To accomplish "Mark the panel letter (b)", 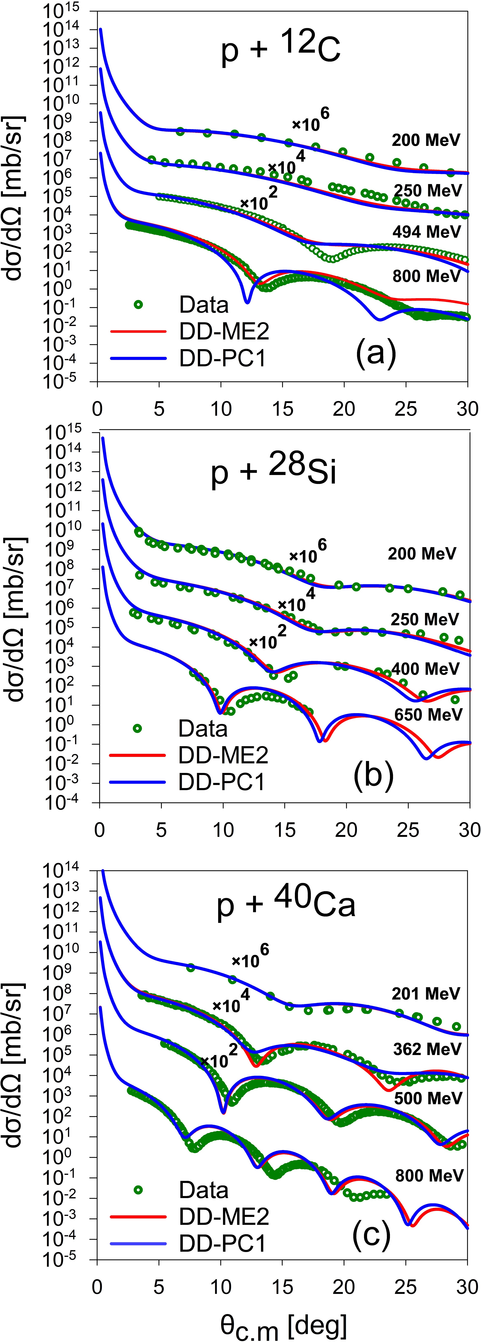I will pyautogui.click(x=373, y=775).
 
